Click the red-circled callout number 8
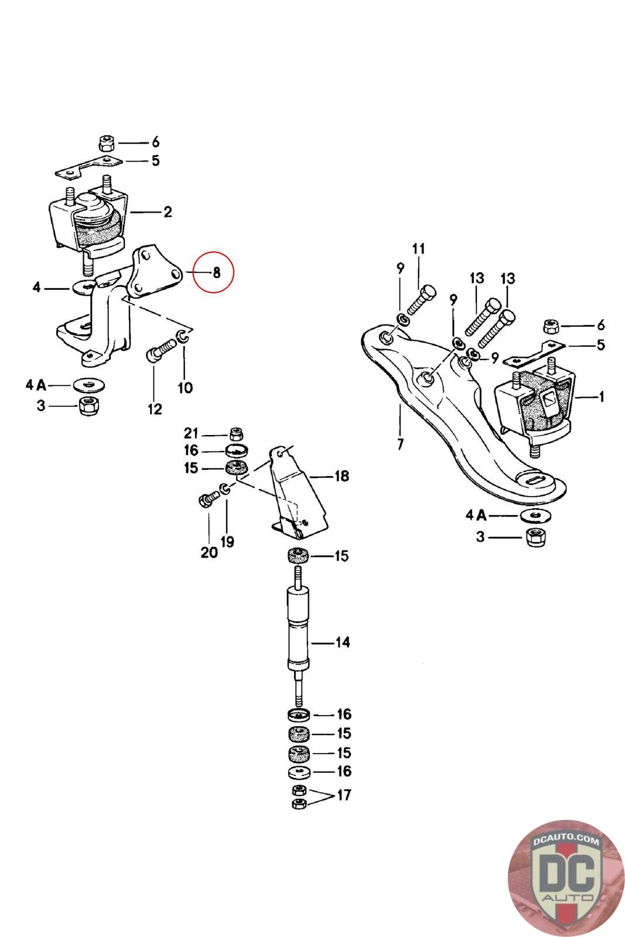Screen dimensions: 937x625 (x=216, y=272)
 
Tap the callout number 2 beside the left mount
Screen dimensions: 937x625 (x=168, y=212)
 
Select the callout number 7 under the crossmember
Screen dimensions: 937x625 (x=400, y=444)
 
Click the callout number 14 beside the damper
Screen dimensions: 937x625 (x=343, y=642)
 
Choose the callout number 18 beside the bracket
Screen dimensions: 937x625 (x=341, y=476)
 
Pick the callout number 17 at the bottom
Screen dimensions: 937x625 (x=344, y=795)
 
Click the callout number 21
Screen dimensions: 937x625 (x=192, y=433)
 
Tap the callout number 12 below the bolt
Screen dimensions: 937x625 (x=155, y=409)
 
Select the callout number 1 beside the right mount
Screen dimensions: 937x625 (x=601, y=397)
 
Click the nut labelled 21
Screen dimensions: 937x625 (x=236, y=434)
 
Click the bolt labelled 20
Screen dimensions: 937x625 (x=208, y=500)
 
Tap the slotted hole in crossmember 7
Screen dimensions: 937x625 (x=537, y=480)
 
